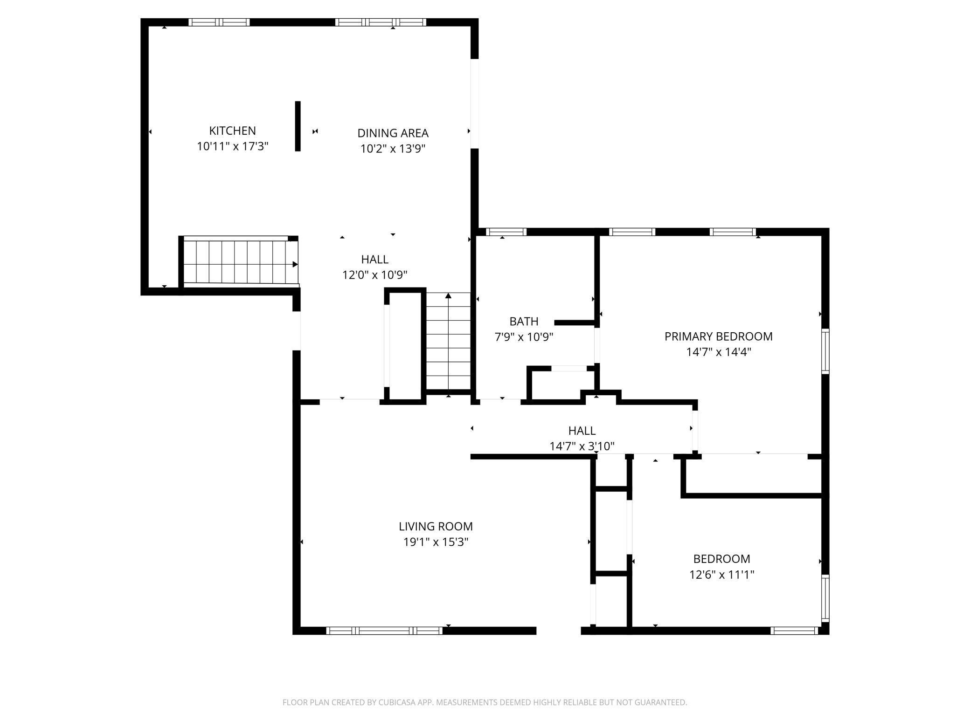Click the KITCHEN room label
[232, 131]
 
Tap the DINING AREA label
[393, 133]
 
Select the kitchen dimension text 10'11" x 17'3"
[232, 146]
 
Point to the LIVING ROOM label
[436, 527]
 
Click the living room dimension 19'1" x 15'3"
[436, 542]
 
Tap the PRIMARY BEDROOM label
[718, 336]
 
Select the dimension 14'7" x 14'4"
[718, 352]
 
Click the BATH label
[524, 322]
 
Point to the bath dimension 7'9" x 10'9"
[524, 337]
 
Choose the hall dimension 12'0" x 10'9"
[374, 275]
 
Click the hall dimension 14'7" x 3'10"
[582, 446]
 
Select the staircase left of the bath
[448, 341]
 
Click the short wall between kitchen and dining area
[298, 126]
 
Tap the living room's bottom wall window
[384, 631]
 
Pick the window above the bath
[506, 232]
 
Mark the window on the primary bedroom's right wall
[825, 351]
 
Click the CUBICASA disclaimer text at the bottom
[485, 702]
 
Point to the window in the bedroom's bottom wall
[794, 631]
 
